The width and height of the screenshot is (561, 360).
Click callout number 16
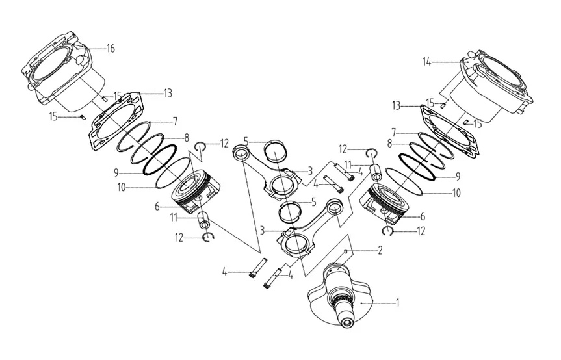coord(111,49)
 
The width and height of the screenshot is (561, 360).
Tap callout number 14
coord(426,62)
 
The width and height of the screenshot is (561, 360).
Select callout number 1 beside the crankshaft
coord(398,302)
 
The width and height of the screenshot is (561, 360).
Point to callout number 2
coord(380,250)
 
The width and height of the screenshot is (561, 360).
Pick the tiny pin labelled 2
coord(346,250)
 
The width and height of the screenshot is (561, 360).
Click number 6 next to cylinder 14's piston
coord(423,216)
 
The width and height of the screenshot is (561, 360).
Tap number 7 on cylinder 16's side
coord(175,122)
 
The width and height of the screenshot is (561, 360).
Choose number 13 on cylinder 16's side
coord(168,93)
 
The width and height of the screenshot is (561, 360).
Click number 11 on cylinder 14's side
coord(349,164)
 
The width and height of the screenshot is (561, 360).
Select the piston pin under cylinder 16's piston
coord(203,220)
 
